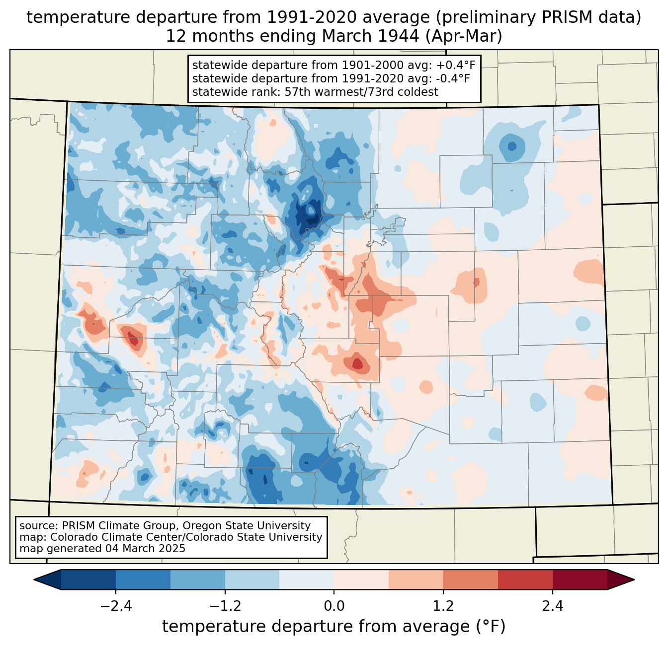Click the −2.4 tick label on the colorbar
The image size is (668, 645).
point(116,606)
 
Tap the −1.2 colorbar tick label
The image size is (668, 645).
point(225,606)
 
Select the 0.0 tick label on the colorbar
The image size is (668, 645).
point(334,606)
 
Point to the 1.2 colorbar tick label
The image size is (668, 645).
point(443,606)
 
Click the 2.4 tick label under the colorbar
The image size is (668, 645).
point(553,606)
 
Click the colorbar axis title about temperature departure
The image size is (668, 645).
point(334,627)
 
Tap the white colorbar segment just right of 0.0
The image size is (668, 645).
point(361,579)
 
